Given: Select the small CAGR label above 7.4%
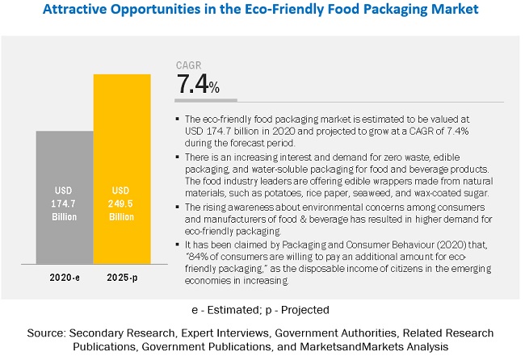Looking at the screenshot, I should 189,65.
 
